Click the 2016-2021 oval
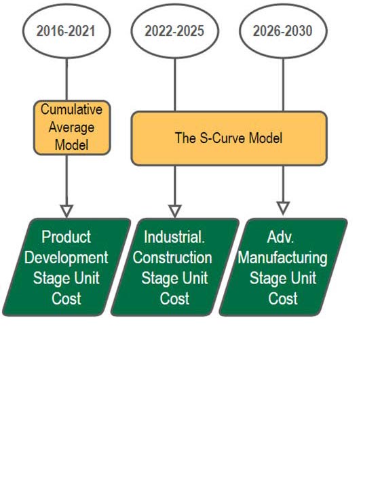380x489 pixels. pyautogui.click(x=66, y=31)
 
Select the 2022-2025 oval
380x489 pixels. pyautogui.click(x=175, y=31)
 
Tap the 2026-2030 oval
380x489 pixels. pyautogui.click(x=284, y=31)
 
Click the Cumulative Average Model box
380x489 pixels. pyautogui.click(x=71, y=127)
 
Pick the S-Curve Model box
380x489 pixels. pyautogui.click(x=229, y=138)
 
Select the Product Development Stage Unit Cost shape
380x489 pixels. pyautogui.click(x=66, y=267)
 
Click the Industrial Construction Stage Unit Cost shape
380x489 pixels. pyautogui.click(x=174, y=267)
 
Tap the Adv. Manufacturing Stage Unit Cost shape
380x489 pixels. pyautogui.click(x=283, y=267)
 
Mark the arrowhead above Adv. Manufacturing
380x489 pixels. pyautogui.click(x=284, y=208)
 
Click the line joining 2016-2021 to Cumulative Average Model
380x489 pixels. pyautogui.click(x=66, y=77)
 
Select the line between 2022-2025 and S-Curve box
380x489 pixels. pyautogui.click(x=175, y=83)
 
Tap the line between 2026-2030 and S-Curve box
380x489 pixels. pyautogui.click(x=284, y=83)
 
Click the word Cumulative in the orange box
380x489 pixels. pyautogui.click(x=71, y=109)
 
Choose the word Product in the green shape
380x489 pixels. pyautogui.click(x=66, y=237)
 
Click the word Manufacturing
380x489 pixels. pyautogui.click(x=283, y=258)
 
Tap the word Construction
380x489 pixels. pyautogui.click(x=172, y=258)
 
